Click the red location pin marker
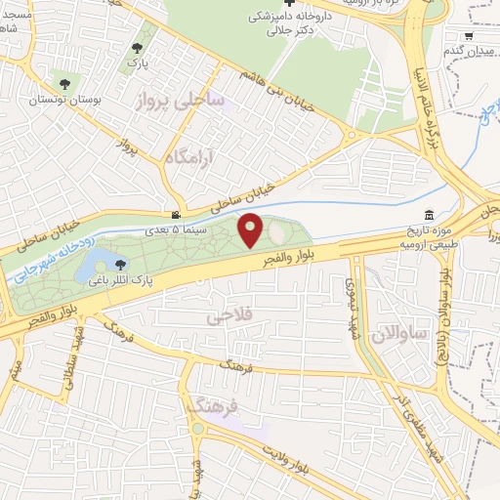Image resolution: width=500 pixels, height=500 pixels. [251, 230]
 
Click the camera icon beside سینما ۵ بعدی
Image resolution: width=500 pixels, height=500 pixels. [176, 215]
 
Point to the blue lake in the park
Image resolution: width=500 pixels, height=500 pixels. [101, 262]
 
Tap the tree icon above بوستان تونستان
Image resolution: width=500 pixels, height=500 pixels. [65, 84]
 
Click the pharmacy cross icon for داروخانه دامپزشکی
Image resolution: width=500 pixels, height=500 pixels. [288, 5]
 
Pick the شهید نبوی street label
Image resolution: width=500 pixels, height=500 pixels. [352, 297]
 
